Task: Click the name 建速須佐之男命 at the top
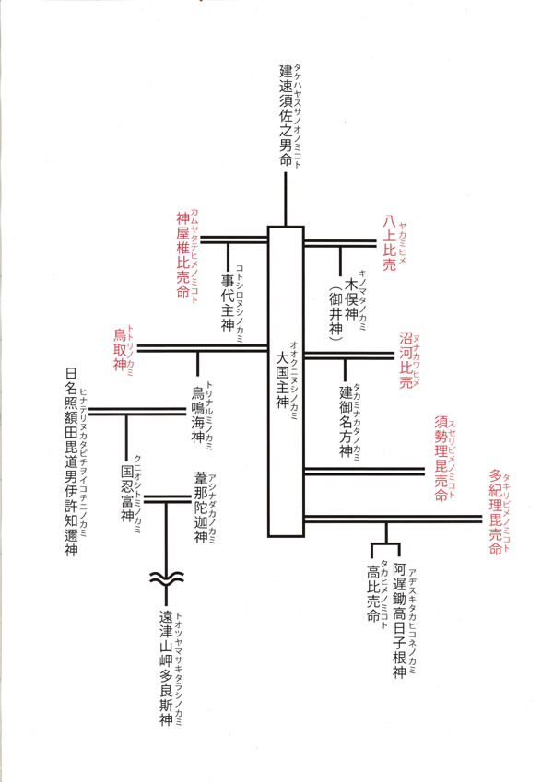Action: click(286, 115)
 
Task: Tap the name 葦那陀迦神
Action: click(201, 508)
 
